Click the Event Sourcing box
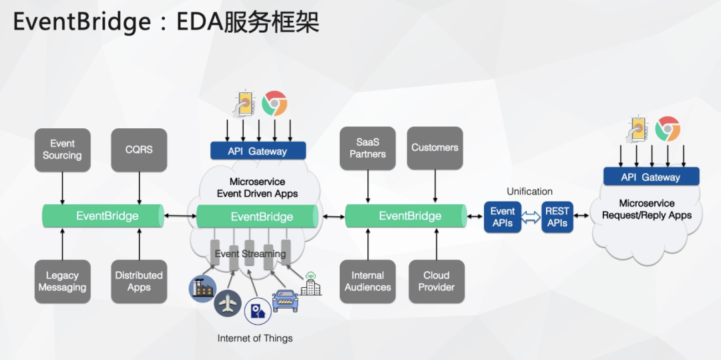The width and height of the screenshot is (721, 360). (x=62, y=150)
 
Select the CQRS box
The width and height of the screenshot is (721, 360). (x=139, y=150)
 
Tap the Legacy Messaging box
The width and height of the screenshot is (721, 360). (x=62, y=281)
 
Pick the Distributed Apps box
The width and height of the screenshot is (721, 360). (x=139, y=281)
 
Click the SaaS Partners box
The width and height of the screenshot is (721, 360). (x=368, y=148)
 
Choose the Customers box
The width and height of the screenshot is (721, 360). (x=435, y=148)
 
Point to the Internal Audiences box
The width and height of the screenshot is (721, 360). (x=368, y=281)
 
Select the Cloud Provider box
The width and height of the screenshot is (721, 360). (x=437, y=281)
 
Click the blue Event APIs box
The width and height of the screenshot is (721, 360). (x=503, y=217)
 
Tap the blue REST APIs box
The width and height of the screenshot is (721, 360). (x=557, y=217)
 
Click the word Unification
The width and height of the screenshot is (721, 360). (x=529, y=192)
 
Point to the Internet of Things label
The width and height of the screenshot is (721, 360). (x=255, y=339)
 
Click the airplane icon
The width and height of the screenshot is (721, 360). (x=228, y=303)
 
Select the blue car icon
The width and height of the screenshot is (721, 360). (x=285, y=301)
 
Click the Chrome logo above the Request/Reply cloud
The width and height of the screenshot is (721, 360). (x=667, y=129)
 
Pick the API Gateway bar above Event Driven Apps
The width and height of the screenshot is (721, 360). (x=258, y=151)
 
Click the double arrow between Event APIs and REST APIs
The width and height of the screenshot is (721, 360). (x=531, y=217)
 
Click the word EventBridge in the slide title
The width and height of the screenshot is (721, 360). (x=82, y=22)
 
